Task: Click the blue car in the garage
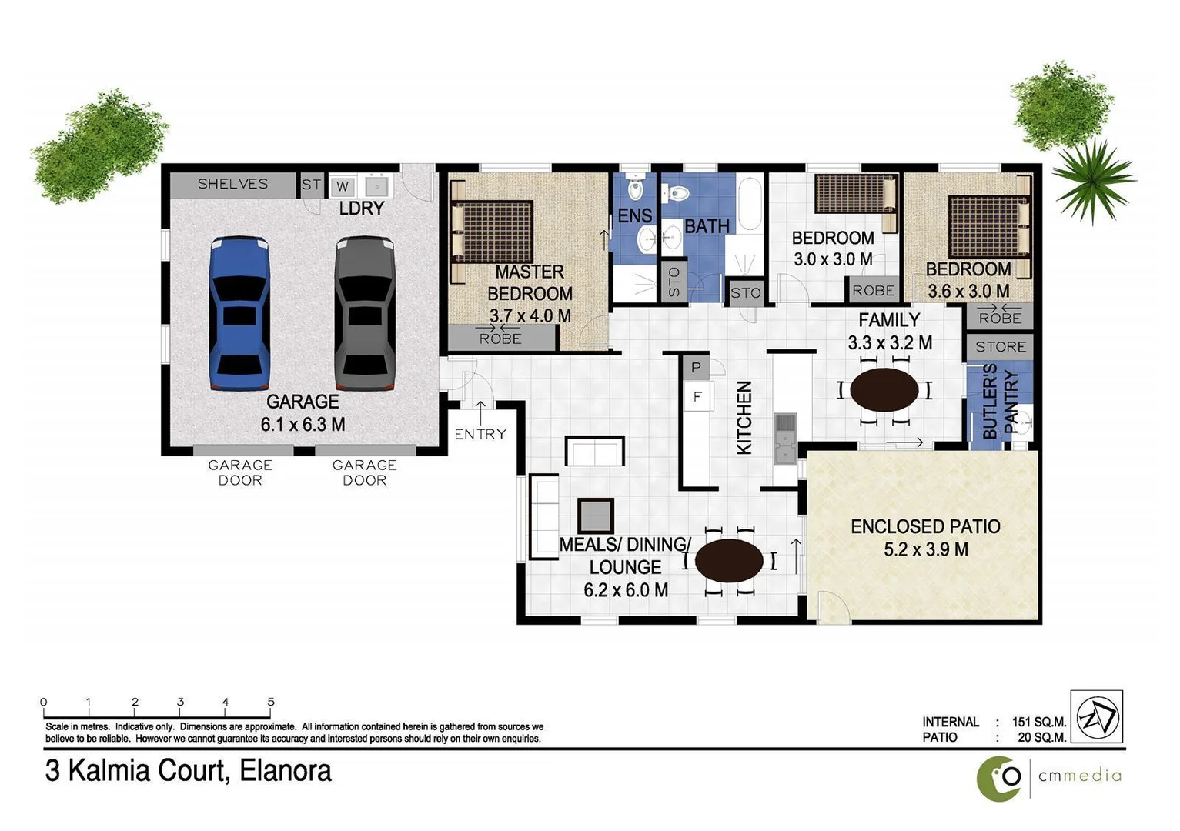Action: pos(239,313)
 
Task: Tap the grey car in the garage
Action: pos(365,313)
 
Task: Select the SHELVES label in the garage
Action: pos(232,184)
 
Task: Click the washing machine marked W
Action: pos(343,186)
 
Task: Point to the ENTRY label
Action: pos(480,434)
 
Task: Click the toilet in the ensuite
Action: pos(635,186)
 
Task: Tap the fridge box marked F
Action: pos(697,397)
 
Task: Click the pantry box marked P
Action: pos(696,368)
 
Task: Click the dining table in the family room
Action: pos(884,390)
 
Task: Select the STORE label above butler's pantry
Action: pos(1000,347)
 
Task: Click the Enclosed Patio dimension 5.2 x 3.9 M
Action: pos(926,549)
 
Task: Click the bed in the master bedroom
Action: pos(493,230)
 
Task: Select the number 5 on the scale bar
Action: pos(271,702)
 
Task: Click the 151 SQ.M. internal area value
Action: pos(1039,722)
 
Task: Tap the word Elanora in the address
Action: pos(286,771)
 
